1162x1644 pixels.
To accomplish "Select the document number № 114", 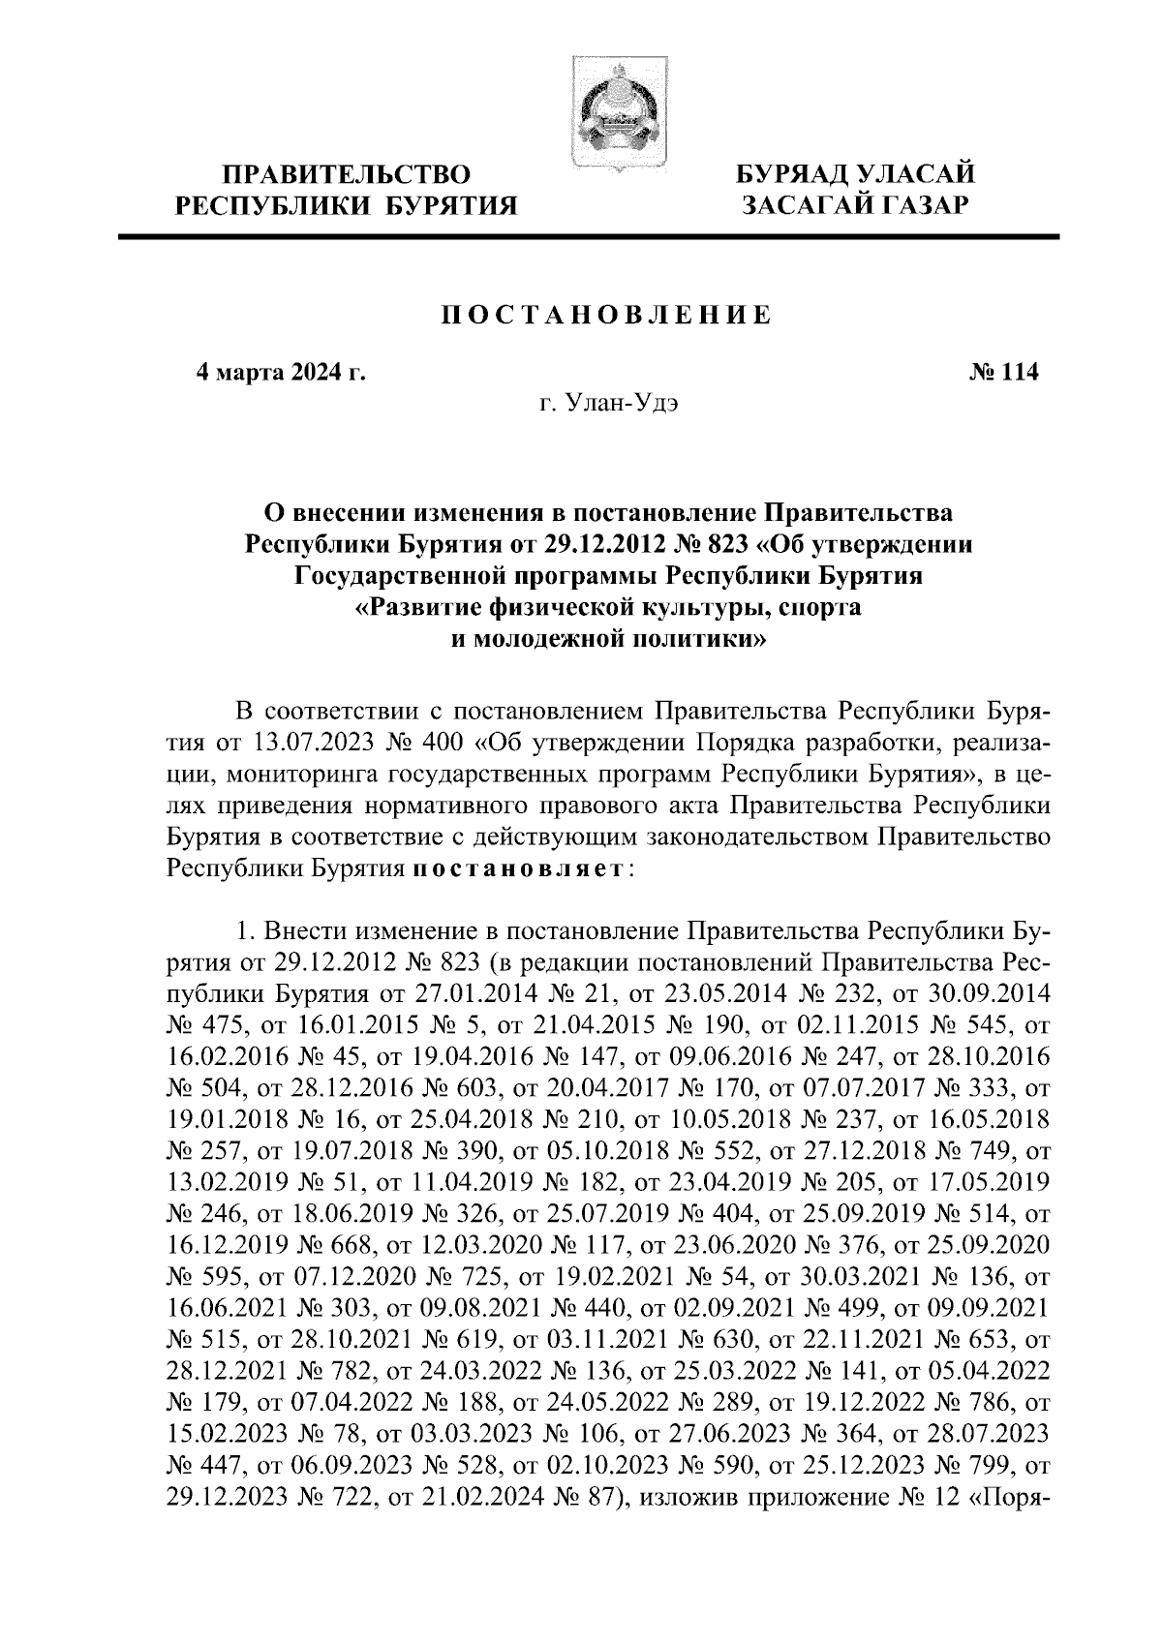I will pos(1003,372).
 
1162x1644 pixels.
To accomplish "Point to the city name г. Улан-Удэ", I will pos(606,402).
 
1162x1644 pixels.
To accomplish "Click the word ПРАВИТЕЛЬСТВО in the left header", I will pos(347,175).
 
